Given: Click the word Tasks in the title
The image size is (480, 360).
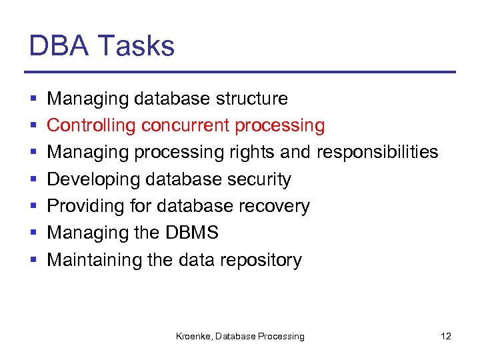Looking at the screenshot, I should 137,46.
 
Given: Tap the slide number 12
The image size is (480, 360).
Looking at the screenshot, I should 446,336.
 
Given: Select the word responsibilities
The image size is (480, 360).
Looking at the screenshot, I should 377,153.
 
